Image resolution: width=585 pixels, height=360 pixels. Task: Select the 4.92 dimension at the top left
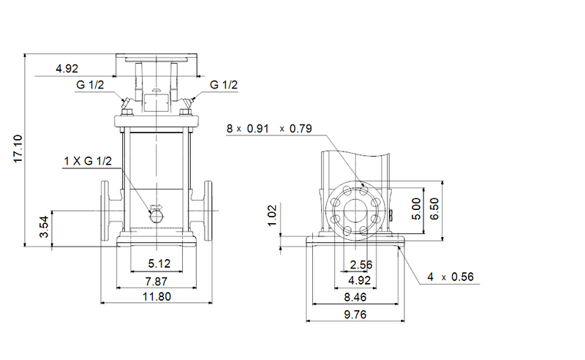[x=67, y=70]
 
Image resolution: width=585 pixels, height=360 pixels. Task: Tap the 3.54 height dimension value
[x=44, y=229]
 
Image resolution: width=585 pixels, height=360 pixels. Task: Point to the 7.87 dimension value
[x=156, y=281]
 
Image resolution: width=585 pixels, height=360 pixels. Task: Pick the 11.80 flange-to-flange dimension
[x=156, y=297]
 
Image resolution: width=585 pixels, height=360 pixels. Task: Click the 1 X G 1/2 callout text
[x=87, y=161]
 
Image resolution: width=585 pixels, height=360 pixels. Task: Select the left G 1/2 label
[x=90, y=86]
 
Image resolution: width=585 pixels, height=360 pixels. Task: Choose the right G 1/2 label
[x=224, y=86]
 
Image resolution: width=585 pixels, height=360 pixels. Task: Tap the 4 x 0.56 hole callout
[x=451, y=277]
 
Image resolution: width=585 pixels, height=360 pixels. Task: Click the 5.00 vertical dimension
[x=416, y=207]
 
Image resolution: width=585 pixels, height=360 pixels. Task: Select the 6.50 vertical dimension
[x=436, y=207]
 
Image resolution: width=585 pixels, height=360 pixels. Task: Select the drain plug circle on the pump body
[x=156, y=215]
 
